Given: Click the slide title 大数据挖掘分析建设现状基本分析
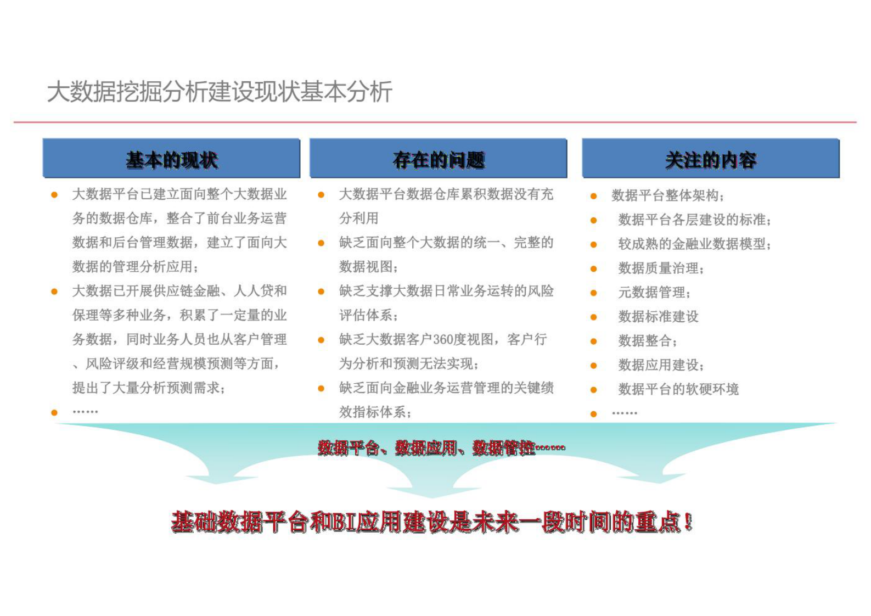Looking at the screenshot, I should click(220, 92).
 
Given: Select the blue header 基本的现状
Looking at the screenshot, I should click(172, 160).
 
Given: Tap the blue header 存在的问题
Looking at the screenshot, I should click(439, 160).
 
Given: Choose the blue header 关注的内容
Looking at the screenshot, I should click(711, 160).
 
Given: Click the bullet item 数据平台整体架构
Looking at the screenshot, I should click(667, 195).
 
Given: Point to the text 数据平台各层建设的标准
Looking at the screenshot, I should click(694, 220).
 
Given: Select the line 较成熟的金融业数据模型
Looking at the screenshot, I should click(694, 244).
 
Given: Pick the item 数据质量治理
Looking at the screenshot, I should click(660, 268).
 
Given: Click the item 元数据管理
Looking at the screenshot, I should click(654, 292).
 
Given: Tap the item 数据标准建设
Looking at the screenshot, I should click(658, 316).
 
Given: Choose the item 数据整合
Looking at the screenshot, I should click(647, 340).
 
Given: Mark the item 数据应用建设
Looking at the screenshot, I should click(660, 365).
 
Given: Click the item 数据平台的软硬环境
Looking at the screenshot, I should click(678, 389).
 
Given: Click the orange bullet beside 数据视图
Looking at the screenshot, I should click(321, 243).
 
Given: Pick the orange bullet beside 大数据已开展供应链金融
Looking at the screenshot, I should click(54, 291).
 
